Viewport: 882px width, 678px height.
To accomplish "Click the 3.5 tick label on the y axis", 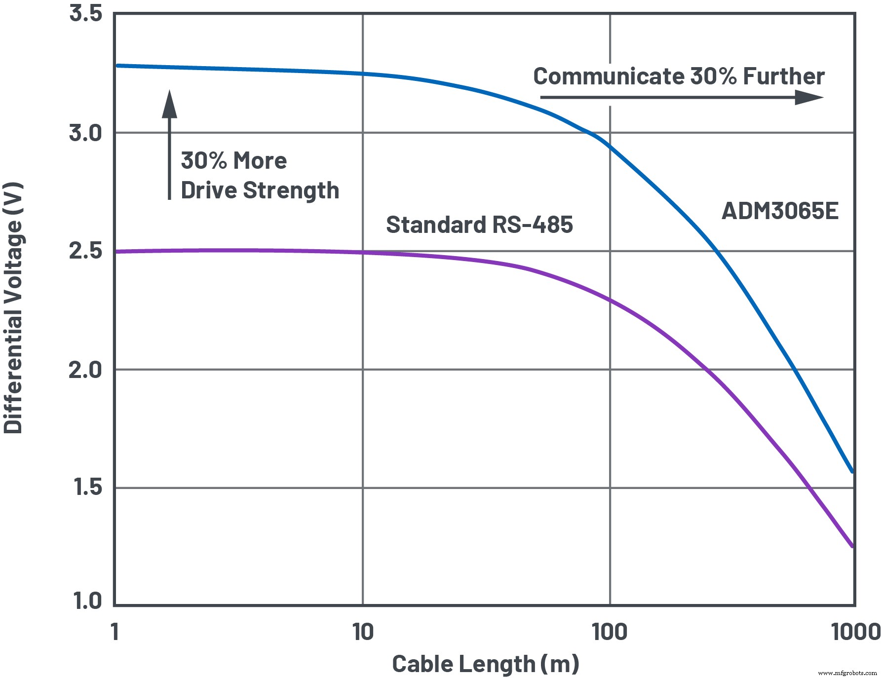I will click(85, 13).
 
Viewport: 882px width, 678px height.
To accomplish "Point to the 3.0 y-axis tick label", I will click(85, 133).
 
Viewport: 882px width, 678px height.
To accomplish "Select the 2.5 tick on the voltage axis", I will click(85, 251).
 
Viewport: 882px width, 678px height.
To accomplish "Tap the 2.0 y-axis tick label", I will click(85, 370).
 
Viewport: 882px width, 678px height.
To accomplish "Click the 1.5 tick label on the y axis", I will click(87, 488).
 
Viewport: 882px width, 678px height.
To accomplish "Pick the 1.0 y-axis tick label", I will click(87, 601).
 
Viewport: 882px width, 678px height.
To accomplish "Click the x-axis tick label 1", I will click(115, 632).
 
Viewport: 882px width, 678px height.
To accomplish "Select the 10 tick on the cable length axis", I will click(363, 632).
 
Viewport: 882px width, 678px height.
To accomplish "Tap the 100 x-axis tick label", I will click(610, 632).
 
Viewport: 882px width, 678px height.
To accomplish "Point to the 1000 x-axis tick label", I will click(856, 632).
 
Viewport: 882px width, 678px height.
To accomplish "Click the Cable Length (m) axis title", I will click(485, 664).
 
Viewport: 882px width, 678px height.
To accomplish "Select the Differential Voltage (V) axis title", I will click(13, 308).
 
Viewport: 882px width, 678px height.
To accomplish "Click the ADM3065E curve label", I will click(780, 211).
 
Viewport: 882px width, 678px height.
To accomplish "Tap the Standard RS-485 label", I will click(479, 225).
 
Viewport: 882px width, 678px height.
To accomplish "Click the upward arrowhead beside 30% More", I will click(169, 104).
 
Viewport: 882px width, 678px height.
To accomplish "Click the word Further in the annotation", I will click(784, 76).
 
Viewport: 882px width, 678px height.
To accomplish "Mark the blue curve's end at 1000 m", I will click(852, 471).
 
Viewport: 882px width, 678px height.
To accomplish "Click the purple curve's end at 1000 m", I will click(852, 546).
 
